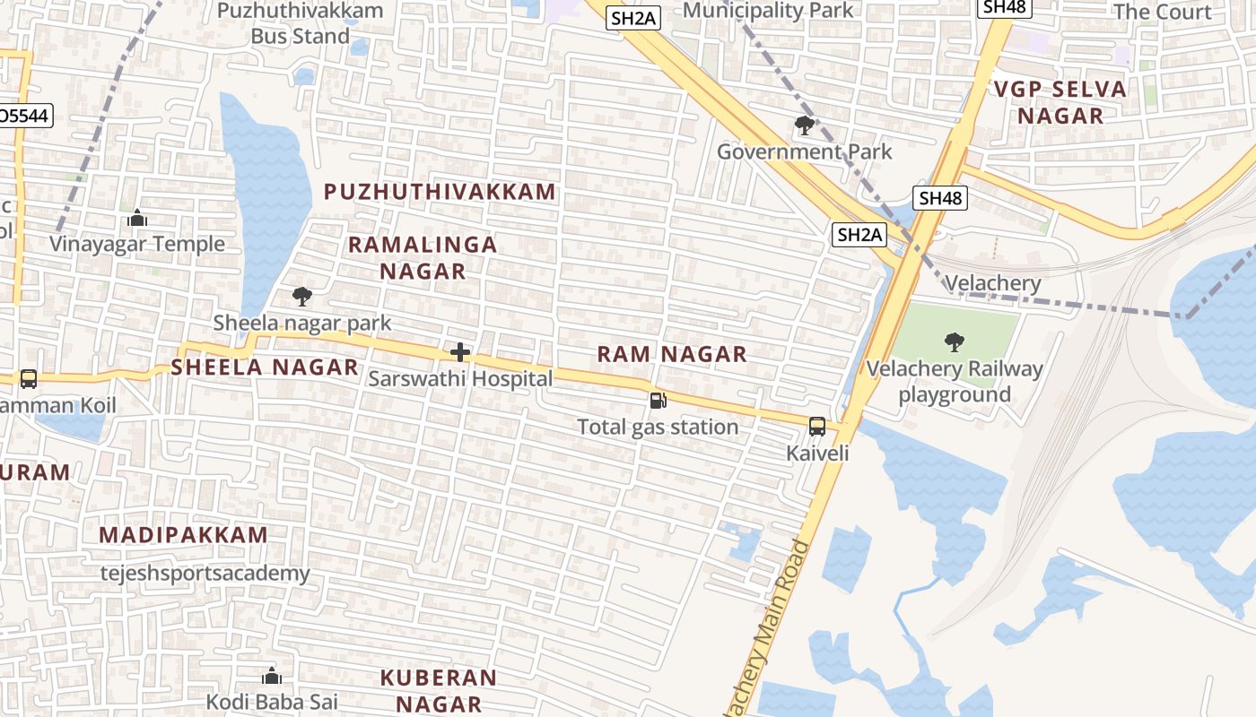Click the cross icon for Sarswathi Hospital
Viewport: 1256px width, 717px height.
pos(460,352)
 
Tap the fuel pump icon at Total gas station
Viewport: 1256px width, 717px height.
pos(659,401)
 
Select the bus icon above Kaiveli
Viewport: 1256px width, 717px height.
pos(817,427)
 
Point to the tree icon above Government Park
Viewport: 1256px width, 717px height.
pos(805,125)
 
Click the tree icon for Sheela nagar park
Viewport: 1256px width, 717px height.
pos(302,296)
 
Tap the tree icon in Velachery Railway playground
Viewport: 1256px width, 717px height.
pos(955,341)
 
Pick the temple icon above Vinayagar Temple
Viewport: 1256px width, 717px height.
pos(137,218)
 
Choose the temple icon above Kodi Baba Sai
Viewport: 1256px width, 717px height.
pos(272,675)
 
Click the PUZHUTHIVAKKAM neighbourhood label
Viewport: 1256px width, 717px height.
pos(440,192)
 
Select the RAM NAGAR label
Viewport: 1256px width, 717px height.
pos(672,354)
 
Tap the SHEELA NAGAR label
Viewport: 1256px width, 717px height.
pos(265,367)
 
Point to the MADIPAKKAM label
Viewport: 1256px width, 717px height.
pos(183,535)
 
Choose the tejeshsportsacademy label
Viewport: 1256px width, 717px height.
pos(205,573)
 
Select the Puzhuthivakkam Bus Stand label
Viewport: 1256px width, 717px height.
pos(300,23)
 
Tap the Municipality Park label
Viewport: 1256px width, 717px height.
pos(769,11)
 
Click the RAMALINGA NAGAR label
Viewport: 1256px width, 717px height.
pos(422,257)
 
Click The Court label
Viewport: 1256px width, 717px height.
pos(1162,12)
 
